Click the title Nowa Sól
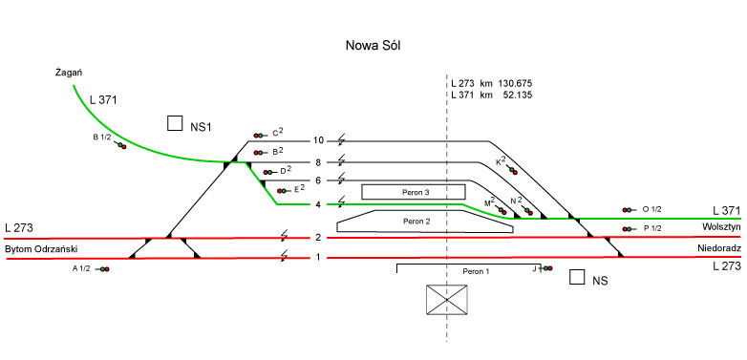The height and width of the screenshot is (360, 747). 373,46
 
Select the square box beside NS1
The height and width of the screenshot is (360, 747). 175,123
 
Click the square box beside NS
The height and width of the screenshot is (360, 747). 577,277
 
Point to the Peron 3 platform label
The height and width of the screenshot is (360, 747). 413,192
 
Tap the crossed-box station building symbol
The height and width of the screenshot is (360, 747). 446,300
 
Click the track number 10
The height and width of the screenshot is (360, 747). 318,140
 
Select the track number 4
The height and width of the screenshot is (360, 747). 318,204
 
